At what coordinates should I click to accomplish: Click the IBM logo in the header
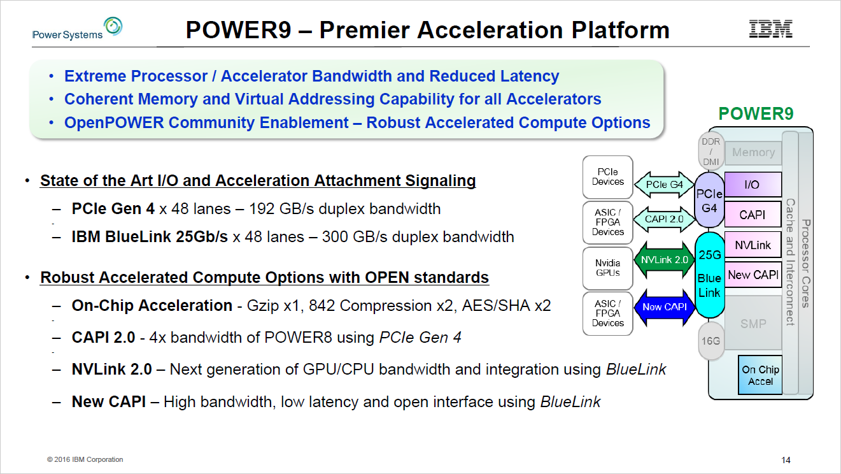(x=770, y=29)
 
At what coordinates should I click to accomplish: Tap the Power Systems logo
(x=77, y=29)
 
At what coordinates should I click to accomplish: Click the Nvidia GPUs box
(x=607, y=267)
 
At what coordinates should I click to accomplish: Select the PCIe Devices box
(x=607, y=176)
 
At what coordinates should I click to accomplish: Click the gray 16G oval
(x=710, y=341)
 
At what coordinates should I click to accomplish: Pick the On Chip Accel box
(x=760, y=375)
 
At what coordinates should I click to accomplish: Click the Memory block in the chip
(x=753, y=152)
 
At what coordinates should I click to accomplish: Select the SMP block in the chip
(x=753, y=324)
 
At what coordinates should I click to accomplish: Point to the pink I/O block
(x=753, y=185)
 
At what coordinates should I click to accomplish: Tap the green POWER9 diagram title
(x=756, y=114)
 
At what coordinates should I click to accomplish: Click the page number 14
(x=786, y=460)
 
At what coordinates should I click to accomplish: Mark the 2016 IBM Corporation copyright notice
(x=85, y=459)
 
